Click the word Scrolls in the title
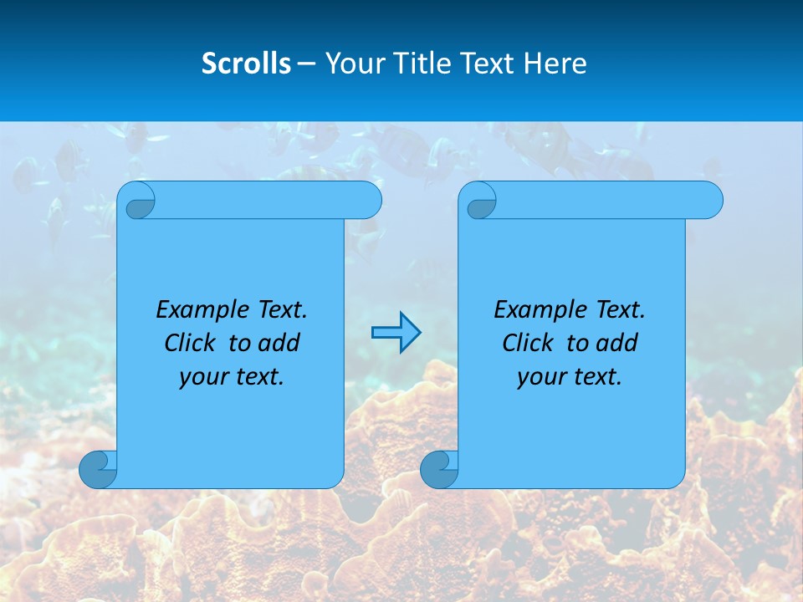pyautogui.click(x=246, y=64)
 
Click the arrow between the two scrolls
pyautogui.click(x=396, y=333)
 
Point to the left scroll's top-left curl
pyautogui.click(x=139, y=201)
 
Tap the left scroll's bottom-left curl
pyautogui.click(x=98, y=469)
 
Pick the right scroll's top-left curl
pyautogui.click(x=480, y=201)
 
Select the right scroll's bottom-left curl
pyautogui.click(x=439, y=469)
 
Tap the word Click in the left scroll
pyautogui.click(x=191, y=343)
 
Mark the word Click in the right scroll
pyautogui.click(x=529, y=343)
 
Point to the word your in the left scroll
pyautogui.click(x=203, y=377)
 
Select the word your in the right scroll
pyautogui.click(x=541, y=377)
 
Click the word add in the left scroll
pyautogui.click(x=279, y=343)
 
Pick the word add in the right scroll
pyautogui.click(x=616, y=343)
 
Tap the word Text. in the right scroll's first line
pyautogui.click(x=620, y=310)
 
